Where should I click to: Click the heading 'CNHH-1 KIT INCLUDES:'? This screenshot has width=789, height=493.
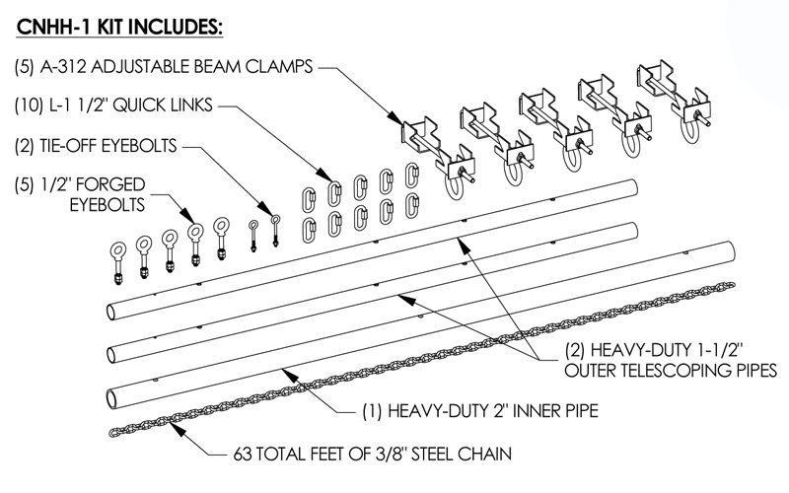coord(119,28)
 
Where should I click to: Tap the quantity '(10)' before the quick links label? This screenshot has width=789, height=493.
coord(27,106)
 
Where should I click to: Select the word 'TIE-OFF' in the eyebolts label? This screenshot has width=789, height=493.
coord(68,146)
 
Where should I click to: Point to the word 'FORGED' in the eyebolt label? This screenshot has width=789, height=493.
coord(110,184)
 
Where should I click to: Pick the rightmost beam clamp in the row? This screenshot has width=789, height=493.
coord(675,102)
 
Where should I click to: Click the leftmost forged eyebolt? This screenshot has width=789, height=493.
coord(118,262)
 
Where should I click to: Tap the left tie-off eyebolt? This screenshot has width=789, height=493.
coord(253,235)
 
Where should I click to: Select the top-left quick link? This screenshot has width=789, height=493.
coord(308,200)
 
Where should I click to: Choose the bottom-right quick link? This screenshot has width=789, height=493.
coord(412,205)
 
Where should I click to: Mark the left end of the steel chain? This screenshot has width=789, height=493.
coord(112,432)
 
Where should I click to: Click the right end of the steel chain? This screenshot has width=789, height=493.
coord(731,286)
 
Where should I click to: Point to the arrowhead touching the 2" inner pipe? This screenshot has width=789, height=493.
coord(287,374)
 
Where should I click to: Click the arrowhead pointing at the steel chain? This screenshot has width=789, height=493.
coord(177,429)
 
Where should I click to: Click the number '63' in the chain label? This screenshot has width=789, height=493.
coord(243,454)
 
